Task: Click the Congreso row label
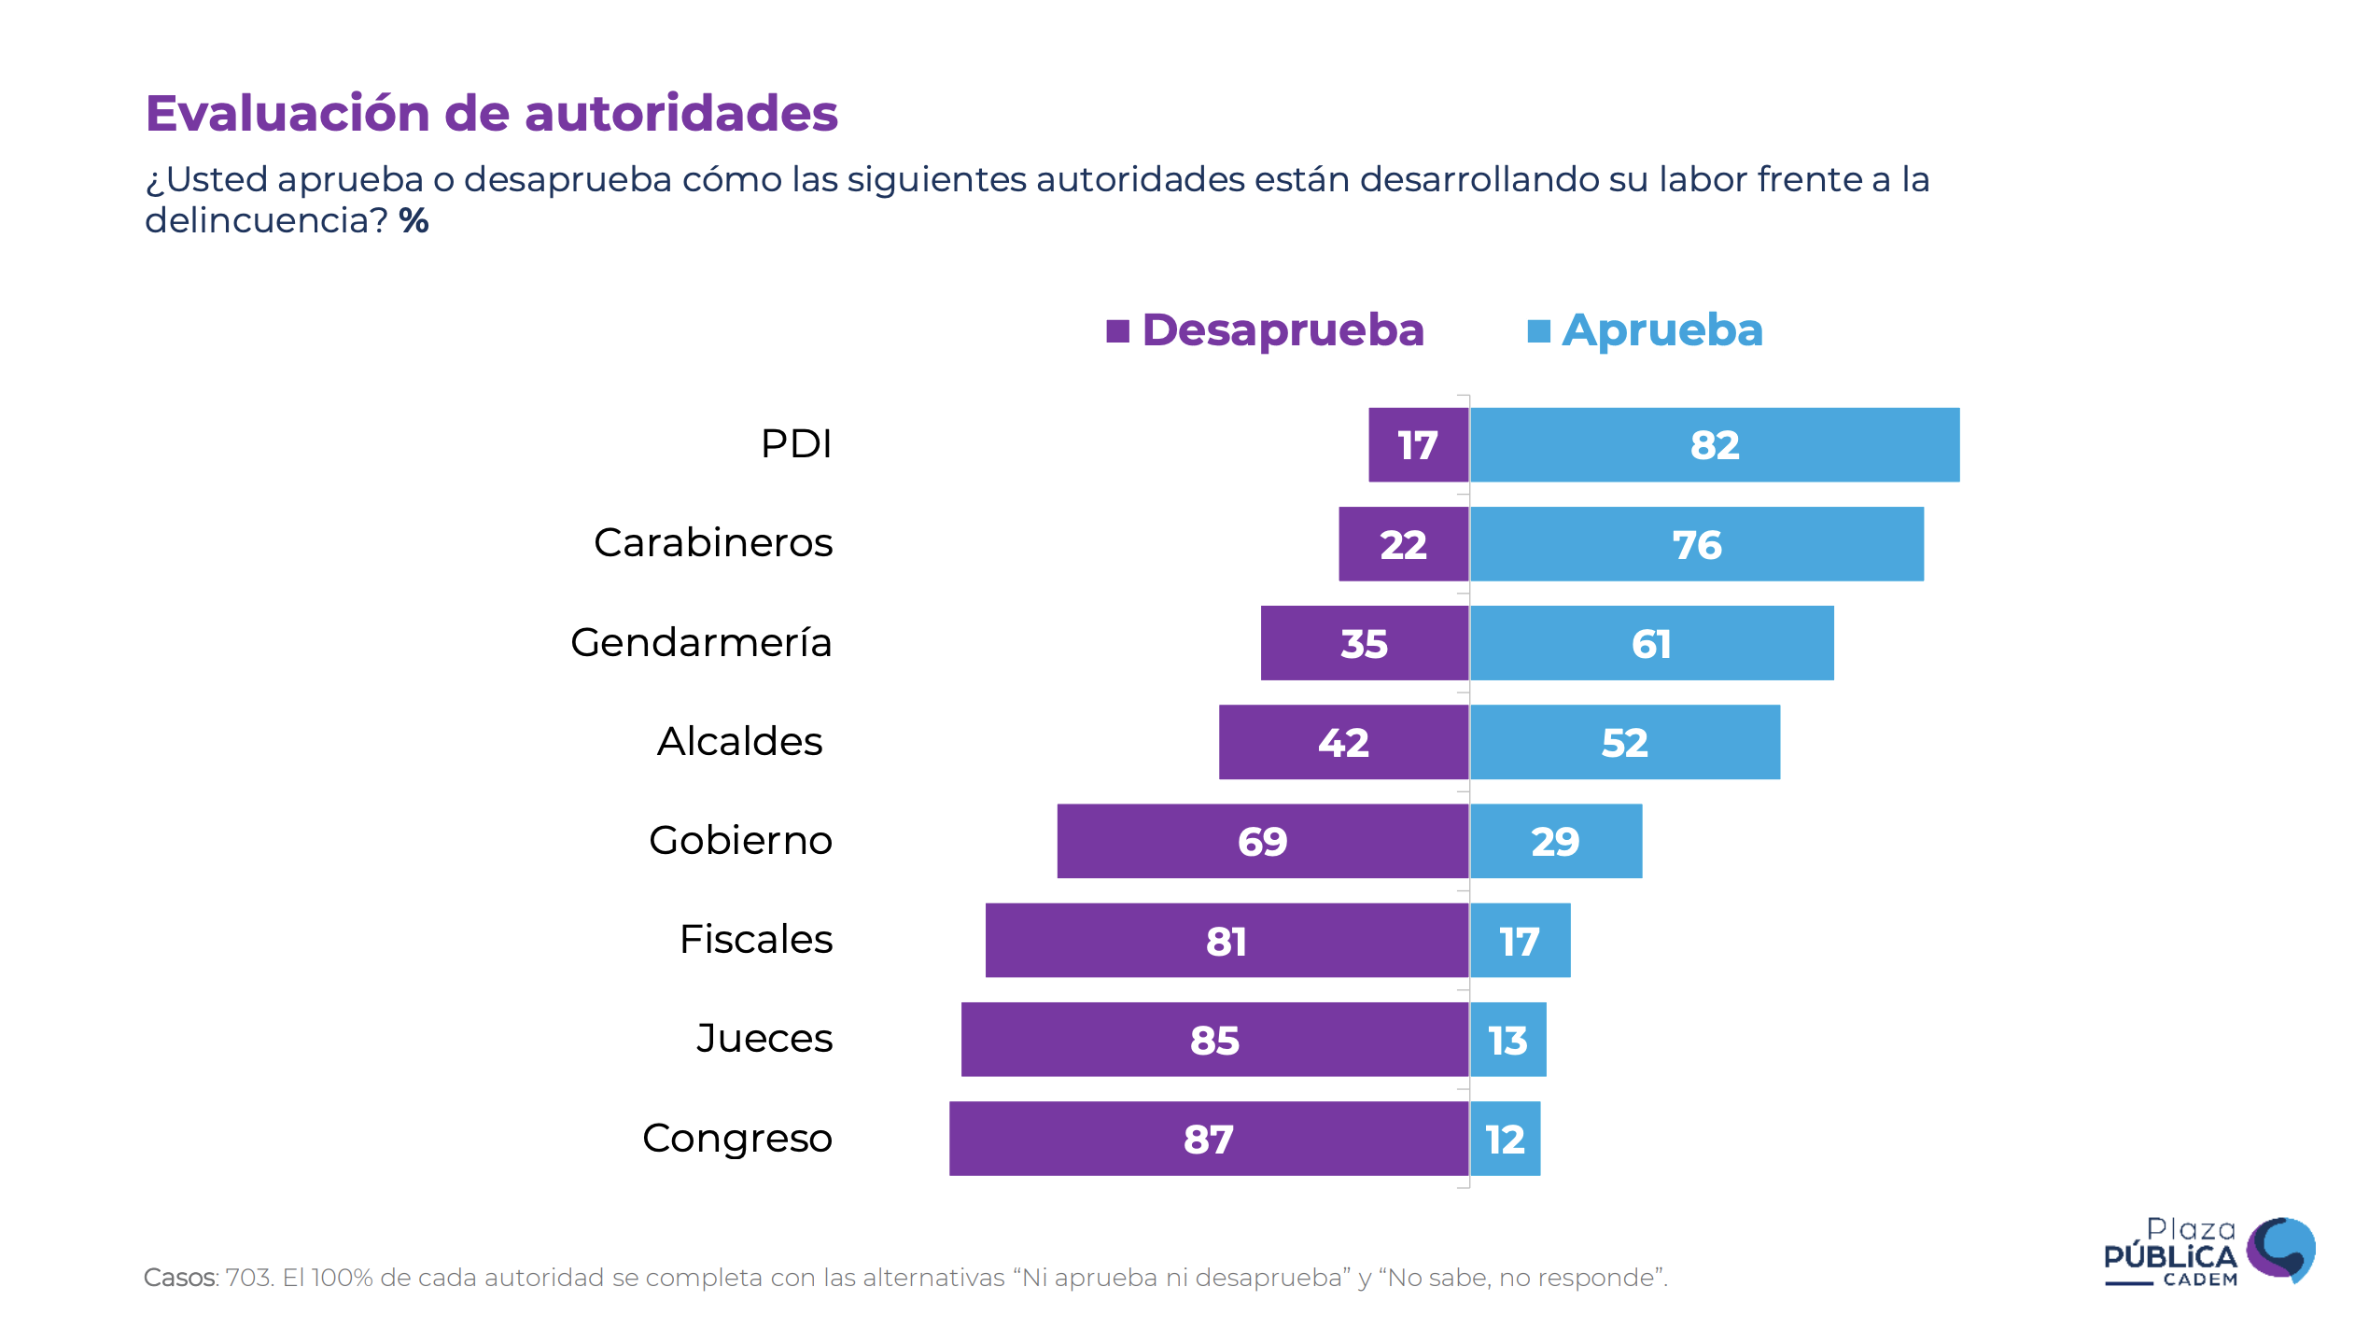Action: pos(737,1139)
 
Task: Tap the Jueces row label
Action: pos(764,1039)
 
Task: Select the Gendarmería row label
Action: pos(701,643)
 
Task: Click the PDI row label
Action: pos(796,444)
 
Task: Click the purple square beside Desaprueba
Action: pos(1117,331)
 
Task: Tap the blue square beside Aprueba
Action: pos(1538,331)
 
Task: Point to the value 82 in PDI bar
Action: pos(1715,445)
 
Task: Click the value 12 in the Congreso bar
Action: pos(1505,1140)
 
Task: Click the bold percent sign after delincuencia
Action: pos(414,221)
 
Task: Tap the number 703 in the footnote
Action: pos(247,1278)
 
